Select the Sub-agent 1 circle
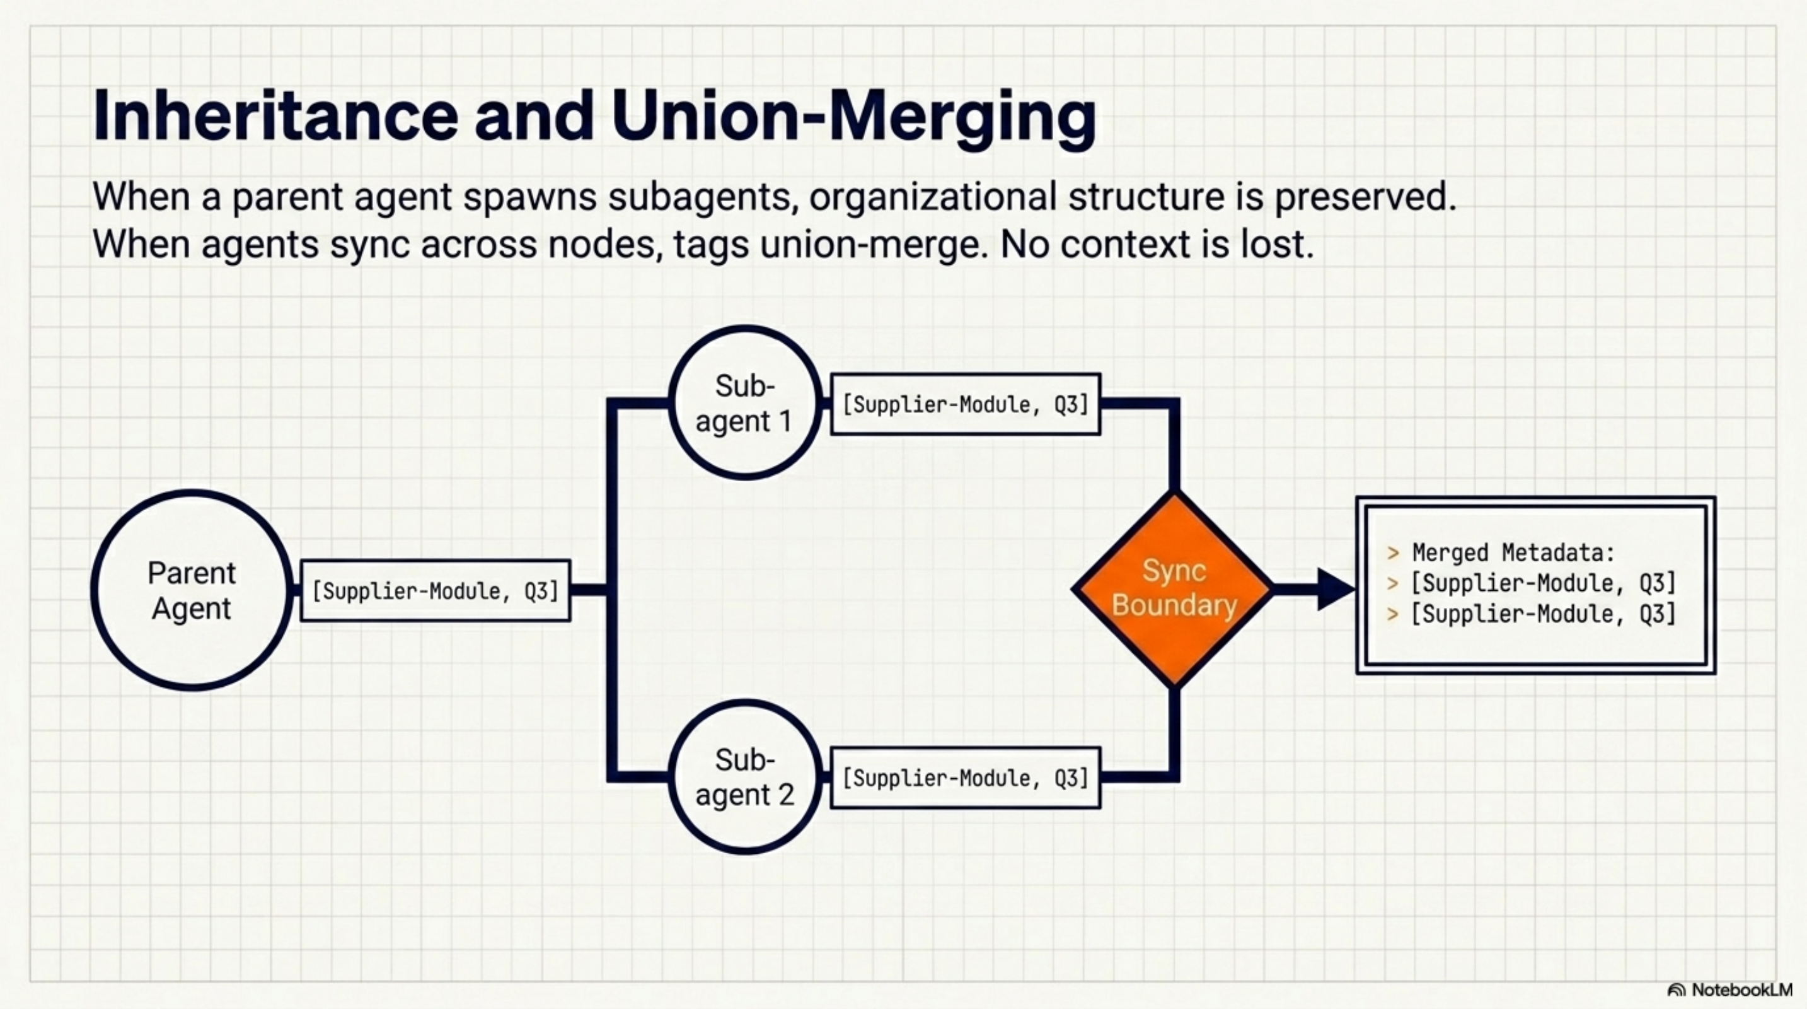745,404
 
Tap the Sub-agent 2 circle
745,778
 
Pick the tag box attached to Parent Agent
435,591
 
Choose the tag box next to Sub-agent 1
965,405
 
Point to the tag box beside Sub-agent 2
965,778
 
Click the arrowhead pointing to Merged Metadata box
1334,590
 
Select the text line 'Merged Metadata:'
1513,553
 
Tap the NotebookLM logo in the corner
1730,990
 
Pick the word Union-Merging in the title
853,117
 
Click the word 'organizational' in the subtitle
932,197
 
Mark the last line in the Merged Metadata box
1542,614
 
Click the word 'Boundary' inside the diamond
1174,605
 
